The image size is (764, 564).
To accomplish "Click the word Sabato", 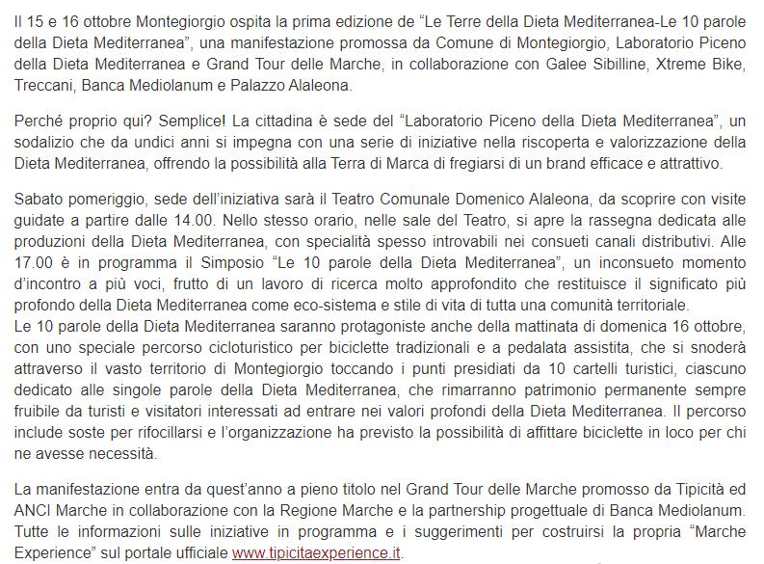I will [40, 204].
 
